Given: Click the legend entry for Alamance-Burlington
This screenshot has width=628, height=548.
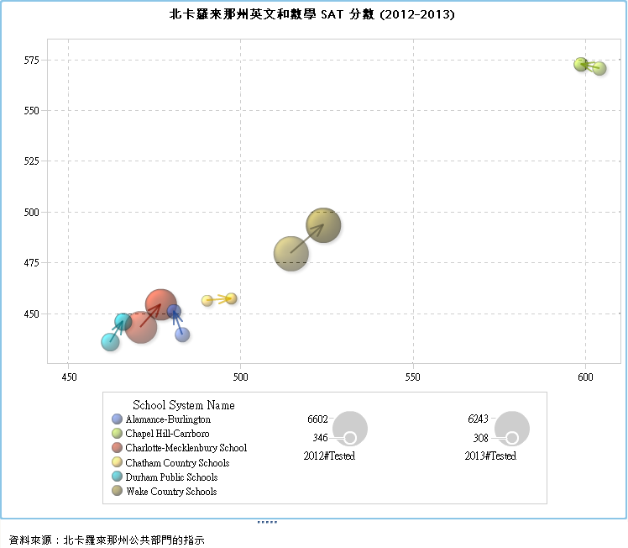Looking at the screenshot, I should coord(167,419).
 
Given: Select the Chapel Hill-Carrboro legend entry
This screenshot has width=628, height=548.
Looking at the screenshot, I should coord(167,433).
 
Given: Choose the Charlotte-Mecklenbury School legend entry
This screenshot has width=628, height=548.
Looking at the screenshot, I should coord(186,448).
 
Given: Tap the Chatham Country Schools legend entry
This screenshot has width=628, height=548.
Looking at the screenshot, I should coord(177,462).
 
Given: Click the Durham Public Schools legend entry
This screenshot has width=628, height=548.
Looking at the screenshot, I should coord(171,477).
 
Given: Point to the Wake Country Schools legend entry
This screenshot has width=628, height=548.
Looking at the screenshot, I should coord(171,491).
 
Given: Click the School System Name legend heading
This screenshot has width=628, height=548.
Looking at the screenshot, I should coord(184,405).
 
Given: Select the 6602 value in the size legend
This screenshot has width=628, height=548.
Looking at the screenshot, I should coord(318,419).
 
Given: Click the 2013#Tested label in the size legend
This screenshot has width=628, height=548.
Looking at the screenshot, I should coord(490,456).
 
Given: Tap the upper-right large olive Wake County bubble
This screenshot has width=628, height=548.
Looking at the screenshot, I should coord(323,224).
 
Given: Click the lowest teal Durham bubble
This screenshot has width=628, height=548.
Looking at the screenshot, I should coord(110,341).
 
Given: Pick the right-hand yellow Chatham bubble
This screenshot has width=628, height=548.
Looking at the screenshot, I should coord(231,298).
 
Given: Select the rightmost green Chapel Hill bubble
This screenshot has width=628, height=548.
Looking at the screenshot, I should coord(599,68).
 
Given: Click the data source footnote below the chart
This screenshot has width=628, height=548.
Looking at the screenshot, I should coord(107,539).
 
